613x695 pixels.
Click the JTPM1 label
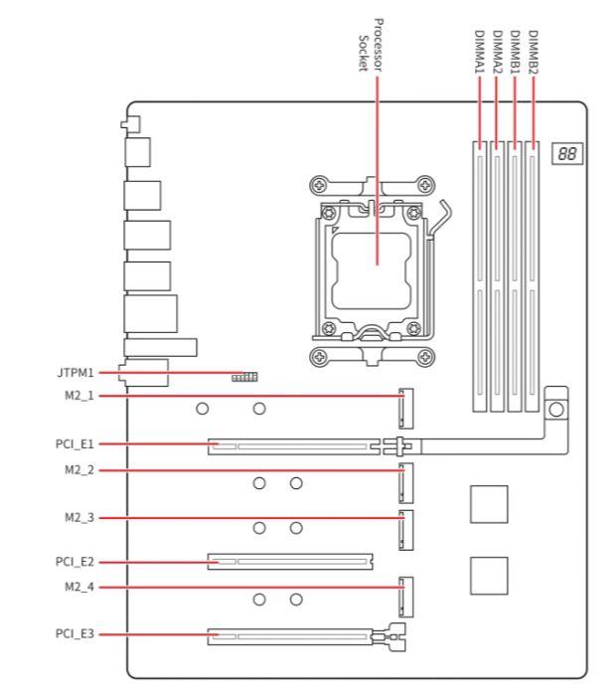[x=76, y=373]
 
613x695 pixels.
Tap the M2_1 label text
[x=79, y=396]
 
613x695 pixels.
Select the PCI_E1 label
[x=75, y=443]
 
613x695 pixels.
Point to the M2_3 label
[x=79, y=517]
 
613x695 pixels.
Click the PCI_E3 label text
[x=75, y=633]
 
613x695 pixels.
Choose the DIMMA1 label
[x=479, y=52]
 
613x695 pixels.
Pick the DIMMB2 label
[x=534, y=52]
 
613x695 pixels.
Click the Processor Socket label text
[x=371, y=45]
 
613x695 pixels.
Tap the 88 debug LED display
[x=567, y=153]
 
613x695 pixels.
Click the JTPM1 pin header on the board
[x=244, y=377]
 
